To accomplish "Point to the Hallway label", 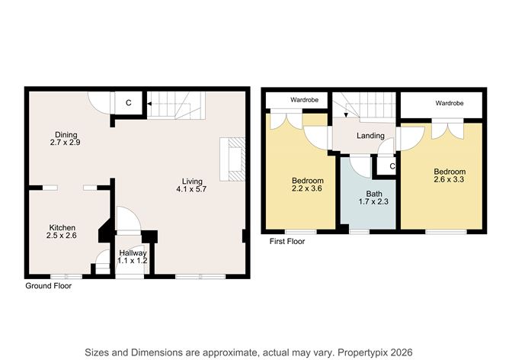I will click(133, 252).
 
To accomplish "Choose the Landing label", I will click(370, 137).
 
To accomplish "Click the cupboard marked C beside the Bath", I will click(392, 166).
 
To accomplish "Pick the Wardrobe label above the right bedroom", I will click(450, 101).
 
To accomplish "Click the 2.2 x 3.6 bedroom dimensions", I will click(308, 190).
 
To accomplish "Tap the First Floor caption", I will click(287, 241).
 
